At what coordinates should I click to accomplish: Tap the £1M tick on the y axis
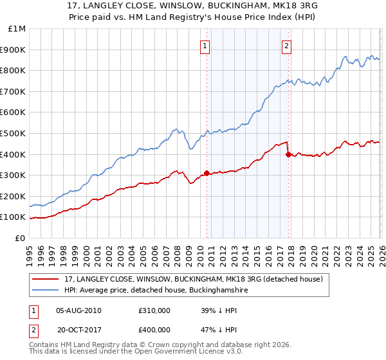(17, 29)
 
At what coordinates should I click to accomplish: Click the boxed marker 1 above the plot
(205, 46)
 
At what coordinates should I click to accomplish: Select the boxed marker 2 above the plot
(286, 46)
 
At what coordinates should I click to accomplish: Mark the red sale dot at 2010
(207, 173)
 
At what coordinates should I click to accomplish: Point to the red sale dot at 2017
(288, 154)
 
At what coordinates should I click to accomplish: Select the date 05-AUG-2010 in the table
(78, 310)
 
